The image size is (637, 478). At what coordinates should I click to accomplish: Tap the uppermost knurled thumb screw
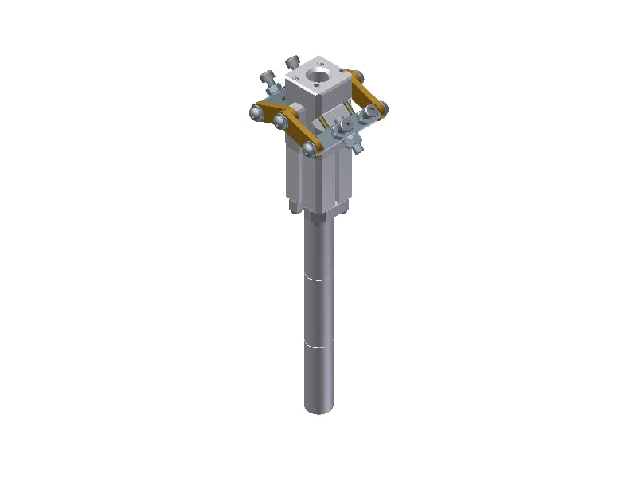[x=292, y=62]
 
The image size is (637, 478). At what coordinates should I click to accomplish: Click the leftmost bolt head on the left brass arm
[x=255, y=113]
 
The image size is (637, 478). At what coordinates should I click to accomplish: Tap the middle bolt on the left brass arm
[x=280, y=121]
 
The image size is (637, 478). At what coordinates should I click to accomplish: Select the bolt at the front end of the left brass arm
[x=309, y=149]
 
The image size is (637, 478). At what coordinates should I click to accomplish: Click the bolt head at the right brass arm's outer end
[x=382, y=107]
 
